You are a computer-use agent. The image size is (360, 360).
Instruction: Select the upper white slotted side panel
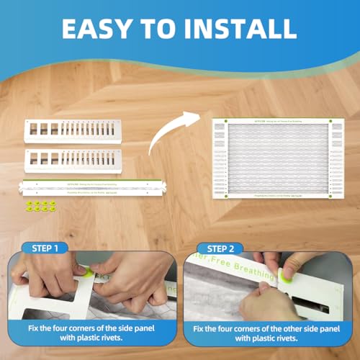(x=72, y=131)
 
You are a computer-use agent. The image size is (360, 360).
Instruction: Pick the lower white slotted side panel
(x=72, y=159)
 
